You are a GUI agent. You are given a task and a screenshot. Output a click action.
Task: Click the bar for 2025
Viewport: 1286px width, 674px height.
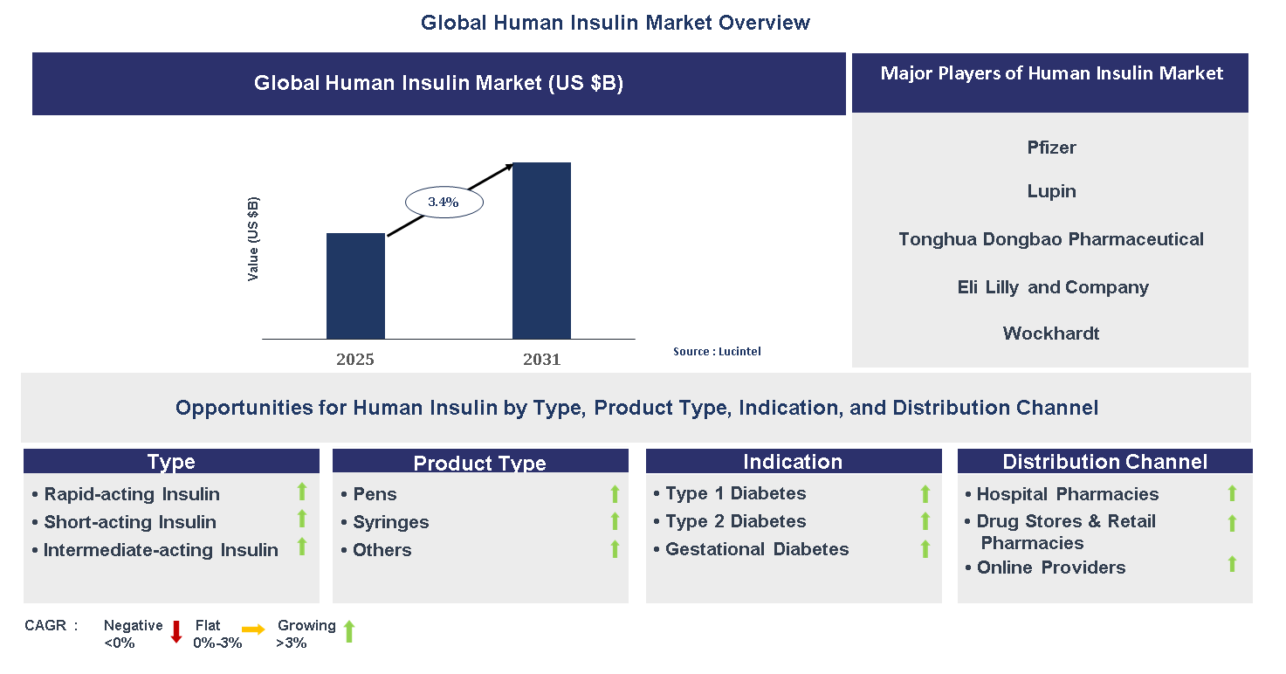[x=355, y=285]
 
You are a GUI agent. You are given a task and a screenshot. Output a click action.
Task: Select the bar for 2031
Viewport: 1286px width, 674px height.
[x=541, y=251]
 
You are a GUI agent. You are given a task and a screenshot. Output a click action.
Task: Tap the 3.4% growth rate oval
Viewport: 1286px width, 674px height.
[x=444, y=202]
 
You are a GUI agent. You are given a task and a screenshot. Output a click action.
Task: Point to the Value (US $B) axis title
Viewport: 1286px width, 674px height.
[x=253, y=238]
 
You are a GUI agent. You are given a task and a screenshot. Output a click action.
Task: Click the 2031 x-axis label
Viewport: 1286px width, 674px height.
[x=541, y=359]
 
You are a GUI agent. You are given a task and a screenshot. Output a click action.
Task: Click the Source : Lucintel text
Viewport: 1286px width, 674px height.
[x=716, y=351]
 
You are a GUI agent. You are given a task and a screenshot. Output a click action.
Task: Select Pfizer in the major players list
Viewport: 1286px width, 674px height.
[x=1051, y=148]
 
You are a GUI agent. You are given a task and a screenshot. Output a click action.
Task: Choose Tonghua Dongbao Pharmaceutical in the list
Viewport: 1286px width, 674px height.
[x=1051, y=239]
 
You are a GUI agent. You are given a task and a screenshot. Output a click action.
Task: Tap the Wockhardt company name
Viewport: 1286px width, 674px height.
[x=1051, y=334]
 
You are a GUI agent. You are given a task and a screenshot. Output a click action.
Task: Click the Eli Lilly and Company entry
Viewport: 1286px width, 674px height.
[x=1052, y=287]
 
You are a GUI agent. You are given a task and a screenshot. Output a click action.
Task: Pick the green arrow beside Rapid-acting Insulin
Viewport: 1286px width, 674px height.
[x=302, y=492]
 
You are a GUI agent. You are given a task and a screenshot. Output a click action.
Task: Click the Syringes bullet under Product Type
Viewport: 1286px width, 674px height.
[x=390, y=522]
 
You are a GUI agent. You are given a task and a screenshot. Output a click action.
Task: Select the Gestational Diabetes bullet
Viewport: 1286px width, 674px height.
[x=756, y=549]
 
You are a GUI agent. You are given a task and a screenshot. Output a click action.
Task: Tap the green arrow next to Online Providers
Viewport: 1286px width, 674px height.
[x=1232, y=564]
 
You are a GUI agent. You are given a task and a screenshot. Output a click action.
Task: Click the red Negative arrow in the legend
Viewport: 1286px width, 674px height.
[x=175, y=631]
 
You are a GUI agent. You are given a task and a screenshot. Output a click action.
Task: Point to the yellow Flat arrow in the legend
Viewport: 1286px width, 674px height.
[x=254, y=629]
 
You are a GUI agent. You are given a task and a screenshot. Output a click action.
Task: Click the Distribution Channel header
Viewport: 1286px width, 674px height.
[x=1104, y=462]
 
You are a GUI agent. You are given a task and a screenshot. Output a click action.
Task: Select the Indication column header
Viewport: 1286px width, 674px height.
[x=793, y=462]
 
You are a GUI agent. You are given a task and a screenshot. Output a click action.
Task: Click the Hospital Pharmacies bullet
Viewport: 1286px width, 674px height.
[x=1067, y=494]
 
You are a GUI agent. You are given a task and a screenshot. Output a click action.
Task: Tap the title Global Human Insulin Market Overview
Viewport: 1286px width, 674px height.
[x=615, y=23]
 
